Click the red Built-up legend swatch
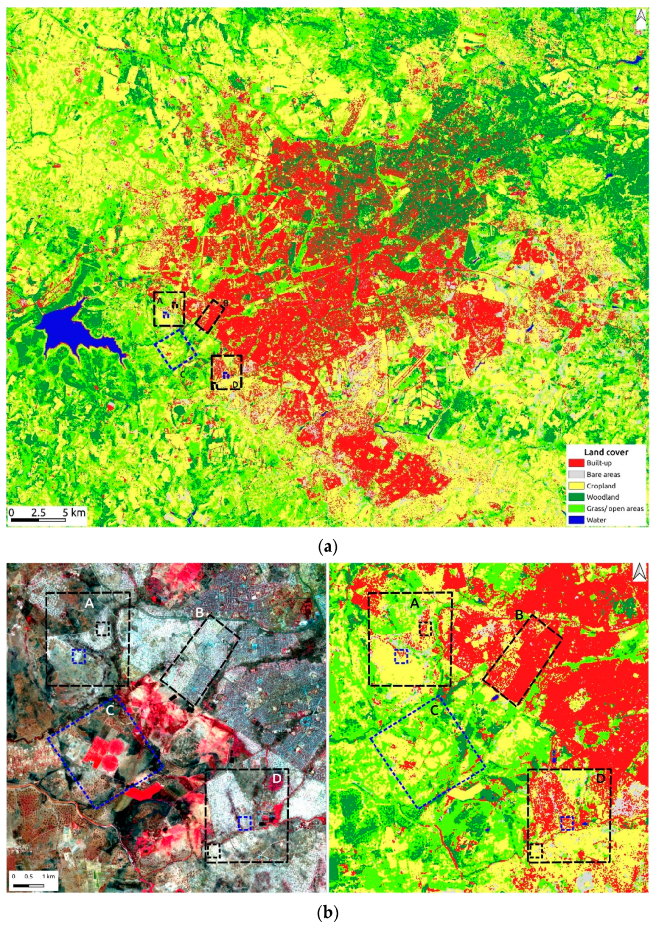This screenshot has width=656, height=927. [576, 463]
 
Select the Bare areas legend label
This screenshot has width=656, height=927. [603, 474]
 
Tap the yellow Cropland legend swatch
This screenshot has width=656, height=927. [576, 486]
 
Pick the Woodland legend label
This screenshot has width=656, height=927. [603, 497]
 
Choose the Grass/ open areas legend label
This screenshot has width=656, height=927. [615, 508]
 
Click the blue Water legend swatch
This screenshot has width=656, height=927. [576, 520]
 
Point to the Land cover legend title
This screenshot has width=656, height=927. [606, 452]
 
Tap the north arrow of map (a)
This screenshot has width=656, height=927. [641, 20]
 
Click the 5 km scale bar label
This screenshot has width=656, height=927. [74, 512]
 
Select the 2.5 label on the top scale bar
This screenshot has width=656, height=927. [38, 512]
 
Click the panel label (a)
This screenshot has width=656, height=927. [328, 547]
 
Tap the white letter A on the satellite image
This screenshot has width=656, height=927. [89, 603]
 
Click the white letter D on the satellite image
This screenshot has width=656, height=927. [277, 779]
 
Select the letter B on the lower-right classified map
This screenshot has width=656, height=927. [519, 615]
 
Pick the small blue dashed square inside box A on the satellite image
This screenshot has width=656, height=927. [79, 656]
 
